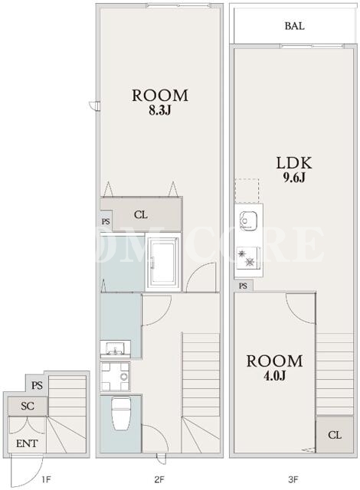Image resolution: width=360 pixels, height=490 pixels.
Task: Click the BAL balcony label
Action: (x=294, y=26)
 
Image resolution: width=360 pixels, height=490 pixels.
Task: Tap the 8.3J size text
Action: (x=159, y=110)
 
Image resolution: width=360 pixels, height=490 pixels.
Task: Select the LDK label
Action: (x=294, y=163)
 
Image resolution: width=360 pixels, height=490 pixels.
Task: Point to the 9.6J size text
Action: (x=294, y=178)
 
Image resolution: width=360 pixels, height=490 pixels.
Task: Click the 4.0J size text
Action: (x=275, y=376)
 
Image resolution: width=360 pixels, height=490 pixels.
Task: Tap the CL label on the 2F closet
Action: (x=141, y=215)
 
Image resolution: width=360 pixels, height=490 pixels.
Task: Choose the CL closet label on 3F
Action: (x=335, y=435)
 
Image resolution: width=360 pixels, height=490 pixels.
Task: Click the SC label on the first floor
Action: (x=28, y=406)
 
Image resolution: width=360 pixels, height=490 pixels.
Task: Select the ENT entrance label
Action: (x=27, y=443)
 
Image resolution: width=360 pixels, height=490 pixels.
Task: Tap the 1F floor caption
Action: (x=46, y=479)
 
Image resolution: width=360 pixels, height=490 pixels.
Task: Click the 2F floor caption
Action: (x=159, y=479)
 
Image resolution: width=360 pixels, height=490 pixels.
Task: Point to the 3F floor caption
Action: (x=293, y=479)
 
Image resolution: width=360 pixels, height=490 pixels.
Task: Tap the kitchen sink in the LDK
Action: (x=248, y=221)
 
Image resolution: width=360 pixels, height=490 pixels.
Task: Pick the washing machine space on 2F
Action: (x=116, y=376)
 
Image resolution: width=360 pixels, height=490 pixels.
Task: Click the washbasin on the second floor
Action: (x=116, y=349)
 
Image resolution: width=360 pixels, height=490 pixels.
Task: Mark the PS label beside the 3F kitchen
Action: (x=243, y=286)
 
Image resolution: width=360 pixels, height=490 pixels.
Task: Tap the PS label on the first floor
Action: (x=37, y=385)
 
